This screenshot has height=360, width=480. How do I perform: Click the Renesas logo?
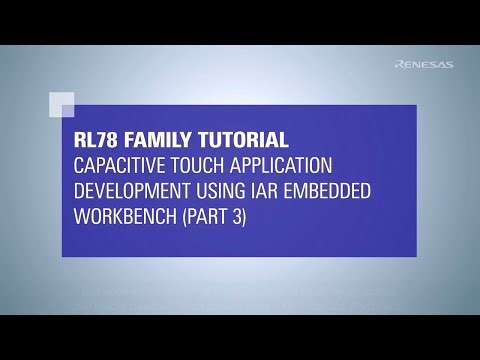pyautogui.click(x=423, y=66)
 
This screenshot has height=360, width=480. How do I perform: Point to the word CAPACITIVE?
pyautogui.click(x=121, y=164)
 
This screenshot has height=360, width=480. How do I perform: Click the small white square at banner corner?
pyautogui.click(x=61, y=104)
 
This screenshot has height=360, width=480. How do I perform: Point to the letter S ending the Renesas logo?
pyautogui.click(x=448, y=66)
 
